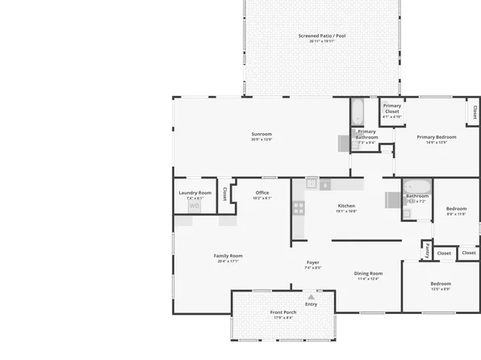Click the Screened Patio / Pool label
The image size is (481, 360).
tap(322, 36)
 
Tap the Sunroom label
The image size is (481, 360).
tap(261, 134)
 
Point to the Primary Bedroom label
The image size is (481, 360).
tap(437, 137)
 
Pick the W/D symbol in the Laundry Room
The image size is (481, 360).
tap(194, 206)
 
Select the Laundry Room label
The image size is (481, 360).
tap(194, 193)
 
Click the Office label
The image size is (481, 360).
tap(262, 193)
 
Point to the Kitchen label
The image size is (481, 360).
tap(346, 206)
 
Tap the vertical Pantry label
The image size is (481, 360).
tap(427, 251)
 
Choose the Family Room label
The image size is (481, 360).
tap(228, 256)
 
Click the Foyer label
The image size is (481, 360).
tap(313, 262)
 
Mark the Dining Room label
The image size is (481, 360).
tap(368, 274)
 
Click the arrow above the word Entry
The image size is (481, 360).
tap(311, 297)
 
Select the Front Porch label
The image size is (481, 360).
tap(282, 312)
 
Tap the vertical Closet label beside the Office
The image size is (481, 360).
tap(225, 195)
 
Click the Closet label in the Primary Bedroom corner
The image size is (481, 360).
tap(475, 111)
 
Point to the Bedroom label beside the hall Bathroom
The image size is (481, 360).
tap(457, 208)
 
